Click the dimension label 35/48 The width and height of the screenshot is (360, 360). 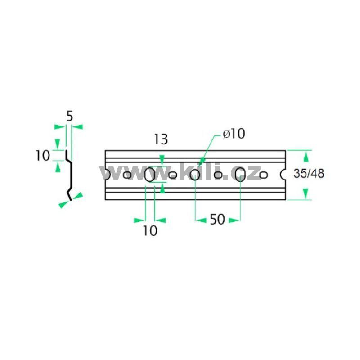[x=309, y=174]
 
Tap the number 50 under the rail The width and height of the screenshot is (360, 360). [x=217, y=219]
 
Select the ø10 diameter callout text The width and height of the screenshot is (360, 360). [x=234, y=134]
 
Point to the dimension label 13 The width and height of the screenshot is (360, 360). [x=161, y=139]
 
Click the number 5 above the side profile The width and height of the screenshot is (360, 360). [x=70, y=116]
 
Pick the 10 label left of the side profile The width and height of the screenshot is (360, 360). [x=43, y=155]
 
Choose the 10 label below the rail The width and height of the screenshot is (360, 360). [x=150, y=231]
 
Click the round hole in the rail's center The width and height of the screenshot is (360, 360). [x=195, y=175]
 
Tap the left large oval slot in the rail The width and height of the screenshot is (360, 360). [x=150, y=175]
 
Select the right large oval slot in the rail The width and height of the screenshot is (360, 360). [x=240, y=175]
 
